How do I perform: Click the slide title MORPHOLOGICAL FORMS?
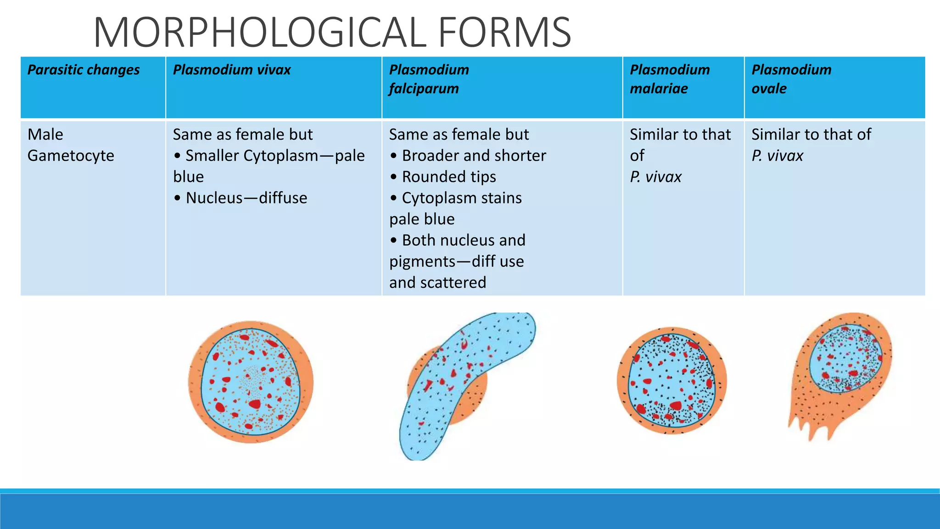332,32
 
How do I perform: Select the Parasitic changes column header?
84,70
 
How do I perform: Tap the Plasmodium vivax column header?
232,70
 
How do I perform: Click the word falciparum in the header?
424,89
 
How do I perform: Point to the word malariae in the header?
659,89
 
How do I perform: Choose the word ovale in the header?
769,89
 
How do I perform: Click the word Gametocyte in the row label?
71,156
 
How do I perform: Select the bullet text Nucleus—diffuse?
246,198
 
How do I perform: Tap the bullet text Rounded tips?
449,177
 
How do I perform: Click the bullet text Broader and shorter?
474,156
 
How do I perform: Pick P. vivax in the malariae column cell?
655,177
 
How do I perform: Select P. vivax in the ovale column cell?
777,156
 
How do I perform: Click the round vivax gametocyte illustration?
251,382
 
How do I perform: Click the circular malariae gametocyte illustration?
671,381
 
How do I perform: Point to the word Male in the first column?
45,135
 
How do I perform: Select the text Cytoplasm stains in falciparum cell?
462,198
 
